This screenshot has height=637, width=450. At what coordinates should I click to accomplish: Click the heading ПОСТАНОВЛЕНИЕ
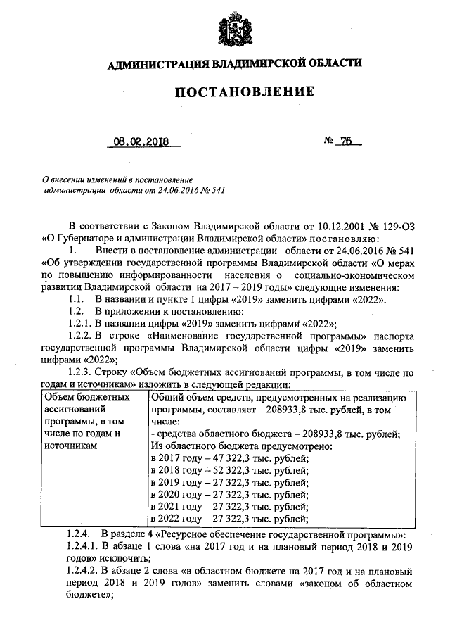click(234, 92)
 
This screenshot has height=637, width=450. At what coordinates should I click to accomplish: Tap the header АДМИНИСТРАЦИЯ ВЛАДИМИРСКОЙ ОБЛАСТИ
click(234, 65)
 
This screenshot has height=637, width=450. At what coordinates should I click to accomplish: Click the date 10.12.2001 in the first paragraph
click(326, 226)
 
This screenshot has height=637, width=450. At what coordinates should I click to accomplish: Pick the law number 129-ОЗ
click(394, 226)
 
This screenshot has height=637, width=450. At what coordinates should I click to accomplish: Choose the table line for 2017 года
click(229, 458)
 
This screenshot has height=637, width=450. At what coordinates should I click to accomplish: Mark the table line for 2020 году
click(229, 496)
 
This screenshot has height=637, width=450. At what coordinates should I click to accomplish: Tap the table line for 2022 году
click(229, 520)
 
